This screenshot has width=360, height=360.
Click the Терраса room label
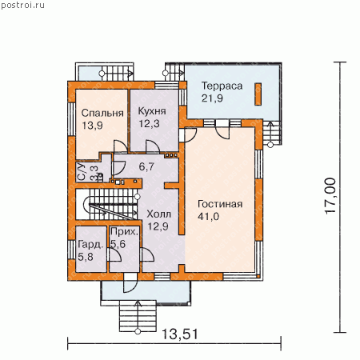tap(222, 86)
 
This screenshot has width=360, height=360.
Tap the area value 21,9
tap(212, 98)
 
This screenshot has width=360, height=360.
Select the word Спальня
tap(102, 113)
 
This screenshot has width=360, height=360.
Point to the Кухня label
tap(152, 111)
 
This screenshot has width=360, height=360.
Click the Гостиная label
tap(220, 204)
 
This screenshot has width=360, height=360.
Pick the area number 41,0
tap(208, 217)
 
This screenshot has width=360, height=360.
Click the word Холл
tap(158, 214)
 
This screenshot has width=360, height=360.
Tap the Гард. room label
tap(90, 245)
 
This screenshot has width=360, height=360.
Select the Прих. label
tap(125, 231)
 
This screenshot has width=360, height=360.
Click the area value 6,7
tap(146, 166)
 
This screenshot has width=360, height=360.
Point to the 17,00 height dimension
tap(330, 195)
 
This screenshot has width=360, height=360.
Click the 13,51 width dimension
tap(180, 334)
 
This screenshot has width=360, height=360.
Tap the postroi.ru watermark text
tap(22, 5)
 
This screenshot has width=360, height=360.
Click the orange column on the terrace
tap(258, 94)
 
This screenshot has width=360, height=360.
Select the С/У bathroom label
tap(82, 172)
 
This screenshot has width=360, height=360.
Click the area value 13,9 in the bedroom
tap(92, 126)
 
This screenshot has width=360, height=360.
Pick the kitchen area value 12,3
tap(149, 123)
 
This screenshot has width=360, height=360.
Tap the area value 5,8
tap(86, 257)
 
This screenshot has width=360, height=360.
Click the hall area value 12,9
tap(158, 226)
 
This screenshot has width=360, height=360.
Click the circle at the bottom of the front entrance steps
tap(138, 331)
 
